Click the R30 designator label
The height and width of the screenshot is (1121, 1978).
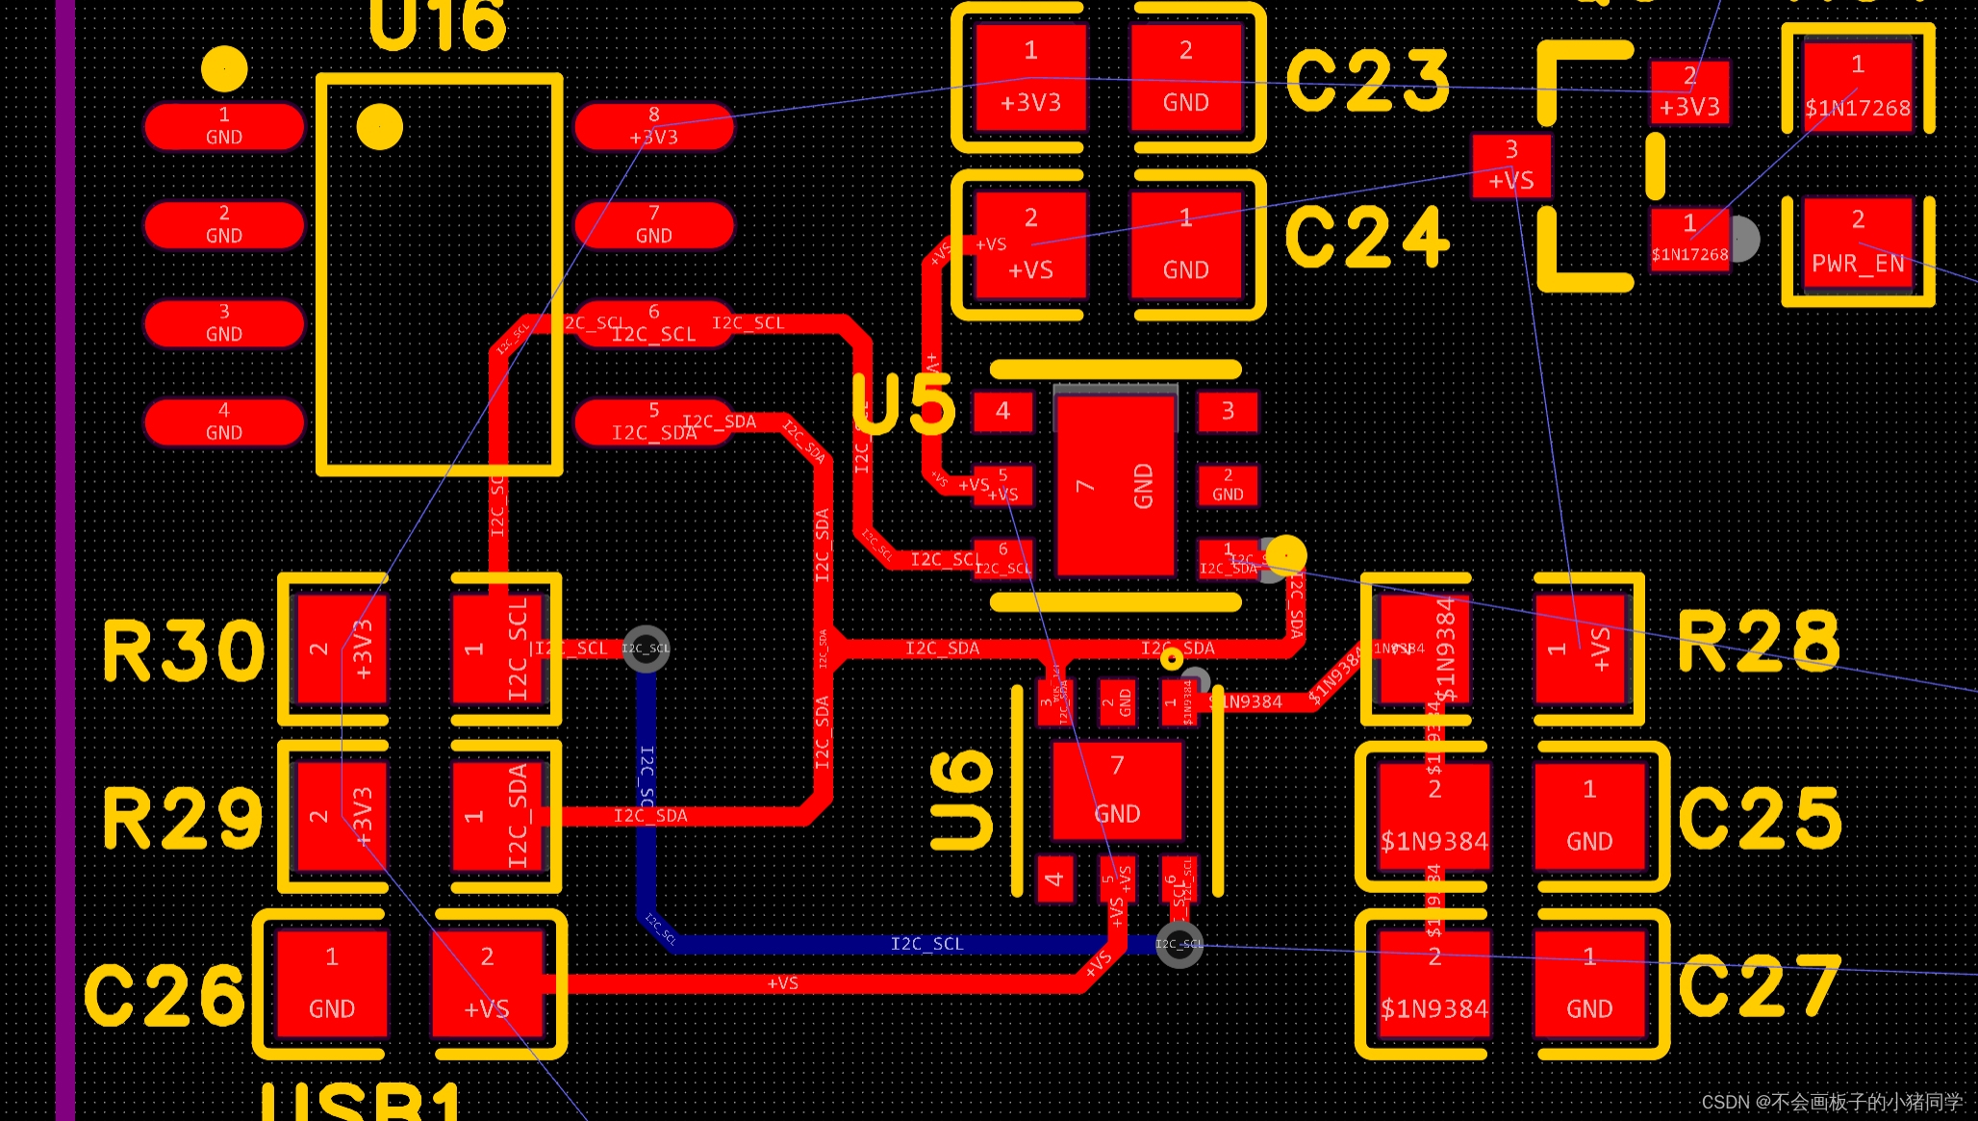pyautogui.click(x=183, y=651)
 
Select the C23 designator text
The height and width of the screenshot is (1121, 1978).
pyautogui.click(x=1367, y=81)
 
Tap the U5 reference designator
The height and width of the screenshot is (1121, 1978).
pyautogui.click(x=904, y=404)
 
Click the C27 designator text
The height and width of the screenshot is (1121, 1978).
pyautogui.click(x=1760, y=986)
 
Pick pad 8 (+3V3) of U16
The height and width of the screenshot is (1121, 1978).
pyautogui.click(x=654, y=126)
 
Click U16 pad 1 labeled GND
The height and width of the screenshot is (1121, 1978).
pyautogui.click(x=224, y=126)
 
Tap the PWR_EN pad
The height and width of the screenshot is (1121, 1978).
pyautogui.click(x=1858, y=250)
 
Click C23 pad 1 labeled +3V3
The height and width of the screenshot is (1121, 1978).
pyautogui.click(x=1030, y=77)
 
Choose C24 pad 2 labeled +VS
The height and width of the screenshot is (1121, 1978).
pyautogui.click(x=1030, y=244)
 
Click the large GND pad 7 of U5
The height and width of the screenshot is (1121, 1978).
pyautogui.click(x=1115, y=485)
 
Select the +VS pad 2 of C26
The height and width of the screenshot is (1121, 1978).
pyautogui.click(x=487, y=983)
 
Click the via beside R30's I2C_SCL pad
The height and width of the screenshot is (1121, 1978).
pyautogui.click(x=646, y=648)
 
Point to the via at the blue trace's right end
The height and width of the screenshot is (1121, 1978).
pyautogui.click(x=1179, y=944)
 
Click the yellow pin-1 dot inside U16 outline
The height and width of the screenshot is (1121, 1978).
pyautogui.click(x=379, y=127)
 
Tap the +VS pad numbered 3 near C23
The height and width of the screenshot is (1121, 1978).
pyautogui.click(x=1511, y=166)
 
